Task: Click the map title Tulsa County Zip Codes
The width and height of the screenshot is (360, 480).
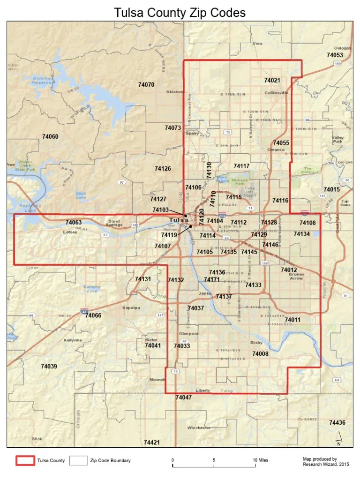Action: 180,13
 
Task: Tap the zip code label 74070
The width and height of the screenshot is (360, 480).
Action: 146,85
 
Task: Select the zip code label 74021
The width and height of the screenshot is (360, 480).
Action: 272,81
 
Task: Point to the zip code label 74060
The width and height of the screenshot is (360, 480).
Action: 50,136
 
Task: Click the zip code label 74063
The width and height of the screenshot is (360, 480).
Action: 74,222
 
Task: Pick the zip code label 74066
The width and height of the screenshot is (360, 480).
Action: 93,315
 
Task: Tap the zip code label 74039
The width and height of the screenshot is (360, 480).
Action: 49,366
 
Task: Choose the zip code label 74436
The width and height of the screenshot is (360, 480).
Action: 337,422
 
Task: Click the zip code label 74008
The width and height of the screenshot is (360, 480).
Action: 260,354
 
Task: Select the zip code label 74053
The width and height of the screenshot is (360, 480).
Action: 335,55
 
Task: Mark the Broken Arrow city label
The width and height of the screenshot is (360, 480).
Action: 296,276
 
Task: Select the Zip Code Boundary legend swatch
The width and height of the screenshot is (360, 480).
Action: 78,461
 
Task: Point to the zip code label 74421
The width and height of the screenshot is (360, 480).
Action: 152,442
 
